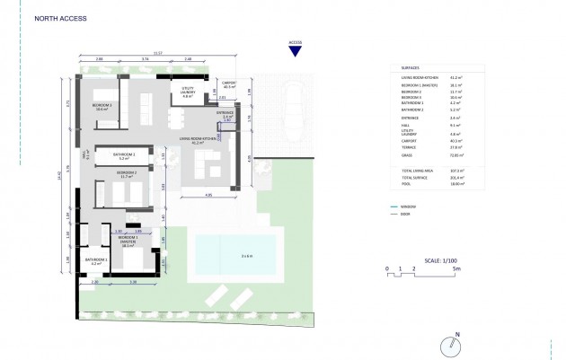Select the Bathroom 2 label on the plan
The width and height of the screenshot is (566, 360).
tap(125, 154)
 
